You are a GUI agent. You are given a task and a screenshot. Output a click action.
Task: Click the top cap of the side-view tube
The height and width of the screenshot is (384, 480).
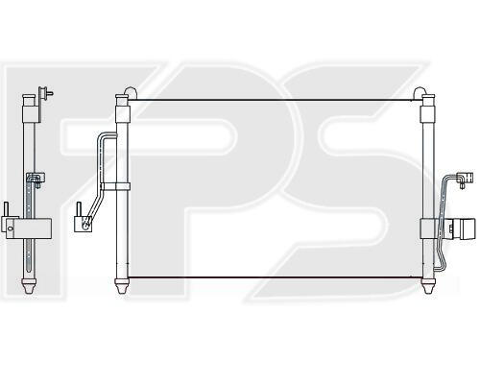pos(29,96)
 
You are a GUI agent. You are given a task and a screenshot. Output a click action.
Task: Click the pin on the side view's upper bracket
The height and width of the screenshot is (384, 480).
pos(49,93)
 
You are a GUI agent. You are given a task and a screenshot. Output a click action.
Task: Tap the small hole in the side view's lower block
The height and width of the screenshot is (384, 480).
pos(11,228)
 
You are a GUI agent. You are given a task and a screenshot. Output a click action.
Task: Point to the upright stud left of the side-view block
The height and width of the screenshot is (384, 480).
pos(6,209)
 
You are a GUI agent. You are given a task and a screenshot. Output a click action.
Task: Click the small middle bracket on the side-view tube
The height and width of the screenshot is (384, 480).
pos(36,179)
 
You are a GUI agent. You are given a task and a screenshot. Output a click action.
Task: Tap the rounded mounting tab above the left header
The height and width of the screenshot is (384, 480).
pos(131,92)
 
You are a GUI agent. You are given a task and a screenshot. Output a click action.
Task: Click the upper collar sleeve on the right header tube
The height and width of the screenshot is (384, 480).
pos(428,114)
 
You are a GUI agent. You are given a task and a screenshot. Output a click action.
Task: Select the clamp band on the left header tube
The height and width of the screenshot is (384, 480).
pos(116,186)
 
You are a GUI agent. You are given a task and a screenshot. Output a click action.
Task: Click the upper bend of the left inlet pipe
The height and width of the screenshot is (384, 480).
pos(103,137)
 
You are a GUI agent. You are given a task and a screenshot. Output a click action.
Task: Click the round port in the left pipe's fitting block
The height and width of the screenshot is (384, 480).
pos(85,225)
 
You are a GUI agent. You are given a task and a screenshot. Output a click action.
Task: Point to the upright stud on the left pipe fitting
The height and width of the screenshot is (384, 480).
pos(78,209)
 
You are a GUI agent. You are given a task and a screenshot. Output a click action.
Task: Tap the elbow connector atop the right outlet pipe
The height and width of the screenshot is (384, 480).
pos(465,179)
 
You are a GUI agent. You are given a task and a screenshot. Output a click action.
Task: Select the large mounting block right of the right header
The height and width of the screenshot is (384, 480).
pos(463,228)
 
